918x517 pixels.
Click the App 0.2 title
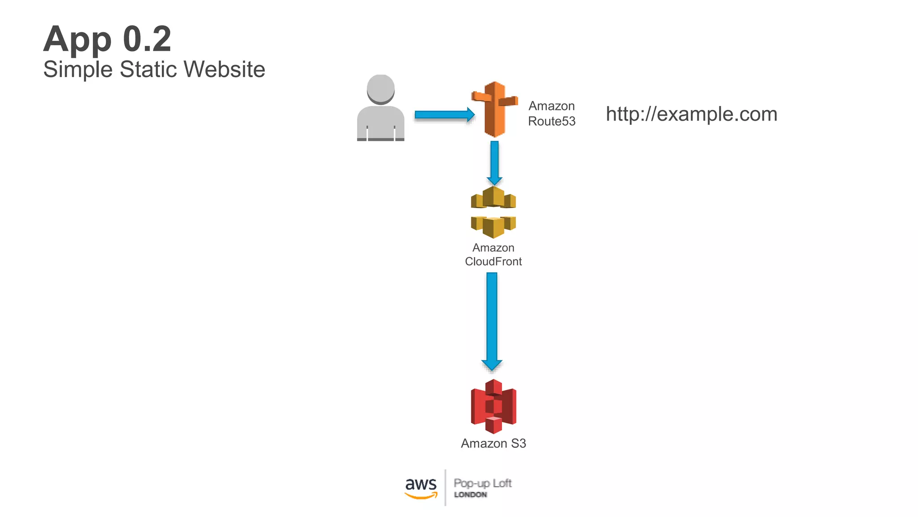[107, 39]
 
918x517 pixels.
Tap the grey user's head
[381, 88]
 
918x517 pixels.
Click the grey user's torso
[381, 123]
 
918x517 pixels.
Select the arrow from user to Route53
[444, 115]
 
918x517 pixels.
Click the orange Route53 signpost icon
[494, 109]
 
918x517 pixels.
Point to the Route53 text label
[551, 121]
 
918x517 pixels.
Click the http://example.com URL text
[691, 114]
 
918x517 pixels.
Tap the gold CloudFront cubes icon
[493, 212]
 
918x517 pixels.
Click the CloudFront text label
[493, 262]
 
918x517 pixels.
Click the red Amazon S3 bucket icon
[494, 406]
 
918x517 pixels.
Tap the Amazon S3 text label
[493, 443]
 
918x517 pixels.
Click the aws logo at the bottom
[420, 487]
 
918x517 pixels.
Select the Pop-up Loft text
[482, 483]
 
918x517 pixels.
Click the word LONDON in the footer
[470, 495]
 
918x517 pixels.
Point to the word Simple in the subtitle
[78, 70]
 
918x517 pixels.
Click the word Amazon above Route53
[551, 106]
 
